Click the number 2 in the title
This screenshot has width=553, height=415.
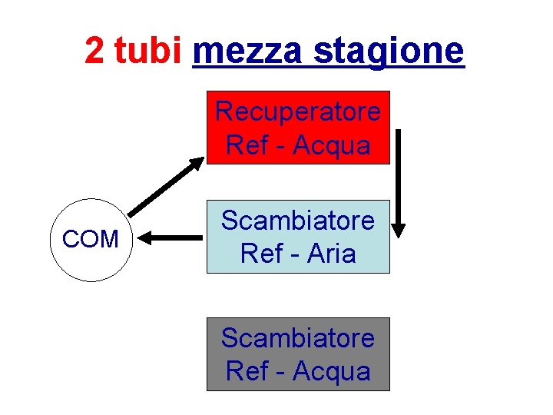click(x=95, y=51)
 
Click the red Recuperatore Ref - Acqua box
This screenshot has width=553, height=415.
click(x=298, y=128)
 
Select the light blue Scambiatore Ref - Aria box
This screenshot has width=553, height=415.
click(x=298, y=237)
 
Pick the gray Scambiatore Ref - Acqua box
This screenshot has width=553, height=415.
click(x=298, y=354)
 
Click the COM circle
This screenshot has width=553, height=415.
click(x=91, y=240)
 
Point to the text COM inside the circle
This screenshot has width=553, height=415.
click(x=91, y=240)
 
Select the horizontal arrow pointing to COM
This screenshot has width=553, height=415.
click(x=173, y=240)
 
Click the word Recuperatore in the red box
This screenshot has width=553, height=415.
click(x=298, y=112)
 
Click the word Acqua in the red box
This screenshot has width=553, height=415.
click(x=332, y=144)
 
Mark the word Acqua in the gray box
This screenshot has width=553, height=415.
click(x=332, y=371)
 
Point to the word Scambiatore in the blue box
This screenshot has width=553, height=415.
click(x=298, y=221)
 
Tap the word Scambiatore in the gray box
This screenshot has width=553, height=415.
click(x=298, y=338)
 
